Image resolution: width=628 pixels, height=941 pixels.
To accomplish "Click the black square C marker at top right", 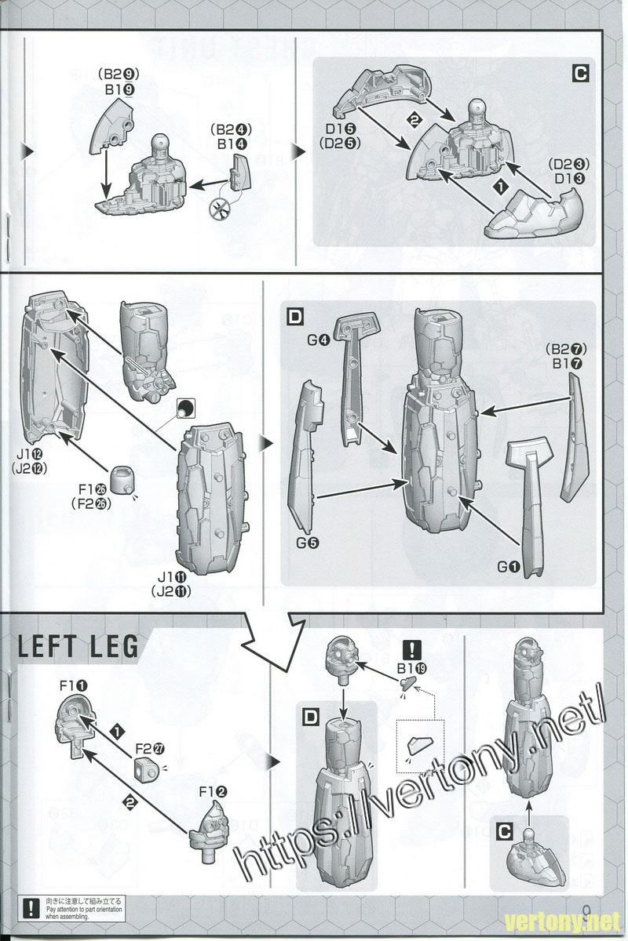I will click(x=580, y=74).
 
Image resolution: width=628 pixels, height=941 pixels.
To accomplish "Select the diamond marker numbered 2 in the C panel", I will click(x=415, y=119).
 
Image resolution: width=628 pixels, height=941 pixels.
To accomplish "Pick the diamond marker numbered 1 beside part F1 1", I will click(x=117, y=731).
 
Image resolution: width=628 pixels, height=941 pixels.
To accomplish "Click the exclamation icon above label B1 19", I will click(x=411, y=650).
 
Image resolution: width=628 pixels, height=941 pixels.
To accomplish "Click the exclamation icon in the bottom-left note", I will click(x=31, y=906).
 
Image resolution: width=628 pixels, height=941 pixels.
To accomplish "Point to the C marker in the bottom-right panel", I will click(x=505, y=829).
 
